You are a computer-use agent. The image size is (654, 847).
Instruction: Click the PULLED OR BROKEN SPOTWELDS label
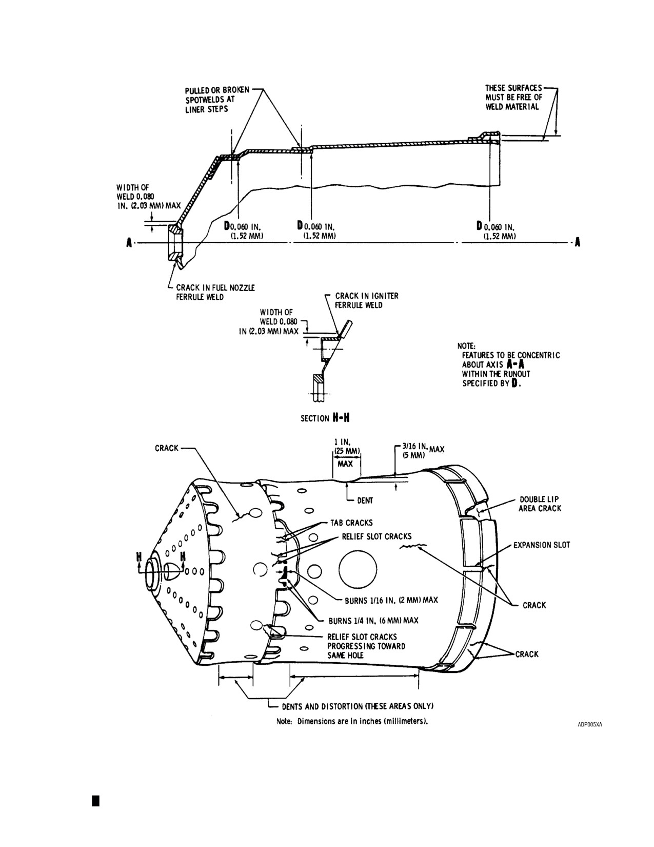pyautogui.click(x=217, y=100)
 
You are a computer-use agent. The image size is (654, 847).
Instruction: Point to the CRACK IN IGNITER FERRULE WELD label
pyautogui.click(x=367, y=300)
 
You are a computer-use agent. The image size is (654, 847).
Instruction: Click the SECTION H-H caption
pyautogui.click(x=325, y=418)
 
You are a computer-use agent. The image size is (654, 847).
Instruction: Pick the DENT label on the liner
pyautogui.click(x=365, y=500)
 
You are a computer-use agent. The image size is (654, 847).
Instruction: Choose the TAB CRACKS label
pyautogui.click(x=351, y=523)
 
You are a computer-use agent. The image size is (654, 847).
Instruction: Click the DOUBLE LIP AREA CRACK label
pyautogui.click(x=540, y=504)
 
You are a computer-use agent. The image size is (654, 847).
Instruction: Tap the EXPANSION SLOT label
pyautogui.click(x=542, y=545)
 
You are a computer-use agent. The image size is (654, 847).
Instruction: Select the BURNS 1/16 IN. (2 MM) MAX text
pyautogui.click(x=391, y=600)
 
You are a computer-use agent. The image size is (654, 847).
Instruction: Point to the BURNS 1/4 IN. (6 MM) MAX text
pyautogui.click(x=373, y=620)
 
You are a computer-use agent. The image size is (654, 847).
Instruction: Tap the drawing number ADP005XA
pyautogui.click(x=590, y=725)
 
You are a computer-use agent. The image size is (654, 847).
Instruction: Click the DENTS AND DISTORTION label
pyautogui.click(x=358, y=706)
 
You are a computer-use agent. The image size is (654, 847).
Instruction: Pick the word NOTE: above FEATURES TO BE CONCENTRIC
pyautogui.click(x=466, y=346)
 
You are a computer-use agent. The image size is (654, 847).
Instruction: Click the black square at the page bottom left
pyautogui.click(x=96, y=800)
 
